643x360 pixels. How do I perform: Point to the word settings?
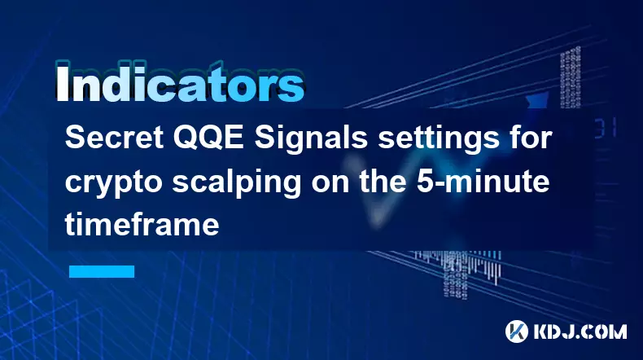pyautogui.click(x=435, y=139)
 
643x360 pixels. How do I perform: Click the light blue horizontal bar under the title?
pyautogui.click(x=102, y=271)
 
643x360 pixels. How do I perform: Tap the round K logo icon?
pyautogui.click(x=517, y=331)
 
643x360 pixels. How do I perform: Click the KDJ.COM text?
pyautogui.click(x=580, y=331)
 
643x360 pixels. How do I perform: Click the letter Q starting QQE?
pyautogui.click(x=186, y=138)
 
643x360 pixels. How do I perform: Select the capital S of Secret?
pyautogui.click(x=75, y=138)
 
